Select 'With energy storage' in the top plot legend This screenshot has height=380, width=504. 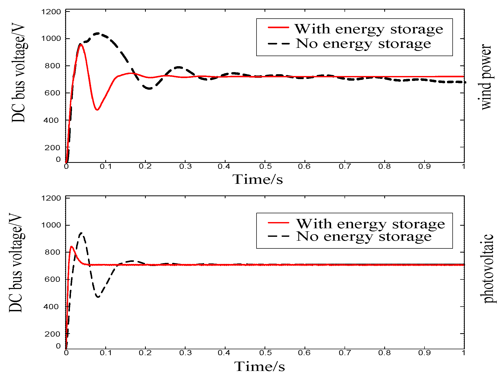tap(369, 29)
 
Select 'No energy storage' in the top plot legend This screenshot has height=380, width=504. tap(363, 43)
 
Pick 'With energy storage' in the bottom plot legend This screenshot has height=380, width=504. tap(370, 224)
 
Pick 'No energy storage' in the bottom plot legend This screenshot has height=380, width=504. tap(364, 236)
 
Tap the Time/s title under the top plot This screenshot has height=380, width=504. tap(258, 179)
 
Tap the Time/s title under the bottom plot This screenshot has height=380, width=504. tap(259, 366)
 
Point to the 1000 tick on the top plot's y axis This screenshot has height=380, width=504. tap(51, 39)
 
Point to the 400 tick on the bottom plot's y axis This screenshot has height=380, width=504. tap(52, 307)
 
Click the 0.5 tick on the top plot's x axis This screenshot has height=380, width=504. tap(265, 166)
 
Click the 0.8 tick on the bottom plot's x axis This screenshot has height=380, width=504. tap(385, 353)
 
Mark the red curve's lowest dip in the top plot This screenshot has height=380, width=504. tap(97, 110)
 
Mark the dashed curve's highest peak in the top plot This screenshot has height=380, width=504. tap(98, 33)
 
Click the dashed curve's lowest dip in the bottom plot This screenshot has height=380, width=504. tap(98, 297)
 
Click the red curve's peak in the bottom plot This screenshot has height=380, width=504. tap(71, 247)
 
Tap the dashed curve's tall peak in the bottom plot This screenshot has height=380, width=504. tap(82, 233)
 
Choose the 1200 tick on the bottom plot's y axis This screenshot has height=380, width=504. tap(51, 198)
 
